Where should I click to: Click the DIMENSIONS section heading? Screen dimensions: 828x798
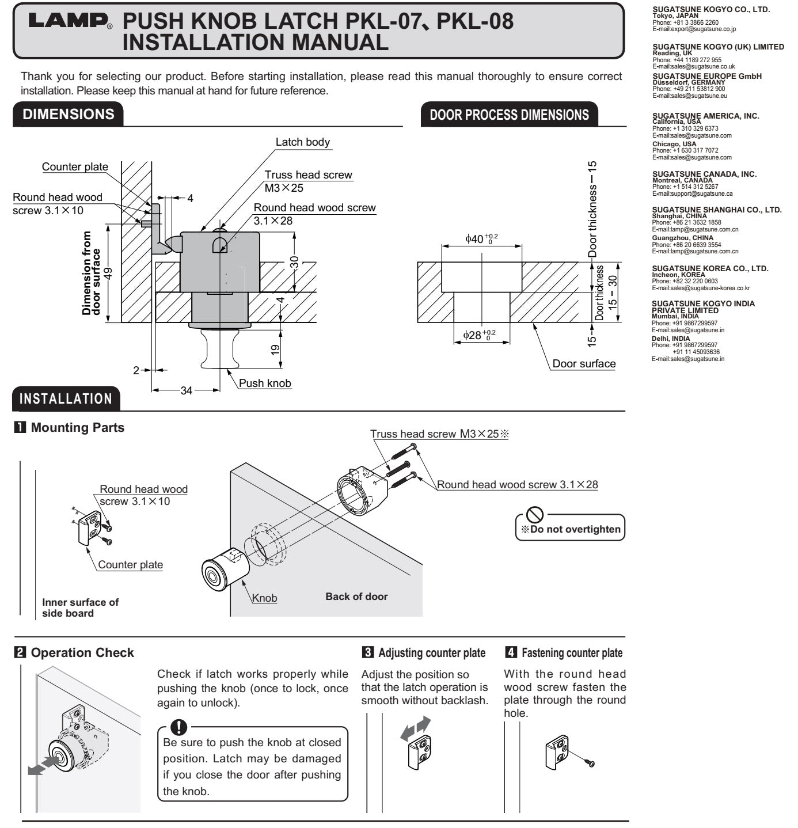tap(68, 114)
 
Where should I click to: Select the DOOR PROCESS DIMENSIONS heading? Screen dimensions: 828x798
tap(509, 115)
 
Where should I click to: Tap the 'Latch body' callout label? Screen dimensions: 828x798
tap(302, 142)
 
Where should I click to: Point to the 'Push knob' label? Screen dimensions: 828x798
tap(265, 383)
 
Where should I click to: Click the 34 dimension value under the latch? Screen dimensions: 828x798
tap(187, 391)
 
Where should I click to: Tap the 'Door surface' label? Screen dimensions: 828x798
tap(584, 364)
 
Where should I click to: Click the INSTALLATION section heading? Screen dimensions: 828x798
tap(66, 399)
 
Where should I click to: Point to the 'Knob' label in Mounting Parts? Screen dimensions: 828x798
tap(265, 598)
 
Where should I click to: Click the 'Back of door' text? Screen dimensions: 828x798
tap(356, 597)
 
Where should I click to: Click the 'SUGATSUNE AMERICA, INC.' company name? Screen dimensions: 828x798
tap(705, 116)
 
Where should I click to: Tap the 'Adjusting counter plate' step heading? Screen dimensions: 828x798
tap(431, 653)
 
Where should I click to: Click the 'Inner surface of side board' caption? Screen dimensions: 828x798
tap(80, 607)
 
